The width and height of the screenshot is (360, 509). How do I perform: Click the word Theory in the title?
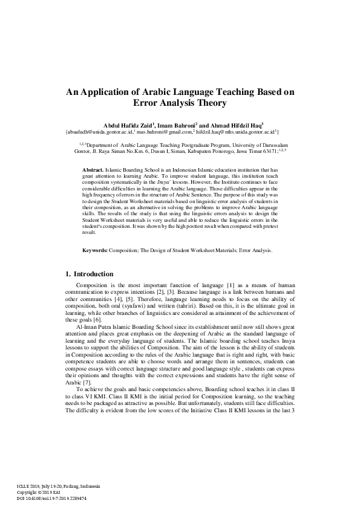pyautogui.click(x=210, y=103)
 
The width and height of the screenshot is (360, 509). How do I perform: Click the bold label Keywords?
pyautogui.click(x=96, y=250)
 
